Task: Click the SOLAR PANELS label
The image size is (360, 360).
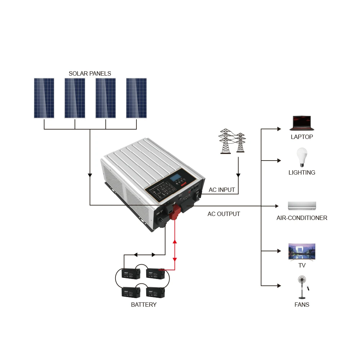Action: (x=90, y=73)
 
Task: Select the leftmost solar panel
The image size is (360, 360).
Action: (x=44, y=98)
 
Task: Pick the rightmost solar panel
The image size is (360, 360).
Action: (x=136, y=98)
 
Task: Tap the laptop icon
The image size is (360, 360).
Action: (x=302, y=123)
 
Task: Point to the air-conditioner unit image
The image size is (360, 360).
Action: (x=302, y=206)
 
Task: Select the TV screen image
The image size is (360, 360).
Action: (x=302, y=251)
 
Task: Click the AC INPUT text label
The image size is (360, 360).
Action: (x=222, y=190)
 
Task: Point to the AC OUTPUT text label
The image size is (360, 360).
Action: (x=224, y=214)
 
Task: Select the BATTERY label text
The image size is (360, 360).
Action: (x=144, y=305)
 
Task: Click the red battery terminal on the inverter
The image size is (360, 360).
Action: (x=175, y=212)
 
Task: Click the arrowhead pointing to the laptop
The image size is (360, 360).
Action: (x=279, y=129)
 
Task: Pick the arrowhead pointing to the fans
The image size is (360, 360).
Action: (x=279, y=286)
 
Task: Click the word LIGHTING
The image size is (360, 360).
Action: (x=302, y=172)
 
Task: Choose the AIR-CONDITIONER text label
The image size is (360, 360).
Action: (x=302, y=218)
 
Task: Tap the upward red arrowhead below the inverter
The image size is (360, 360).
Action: (x=175, y=242)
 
